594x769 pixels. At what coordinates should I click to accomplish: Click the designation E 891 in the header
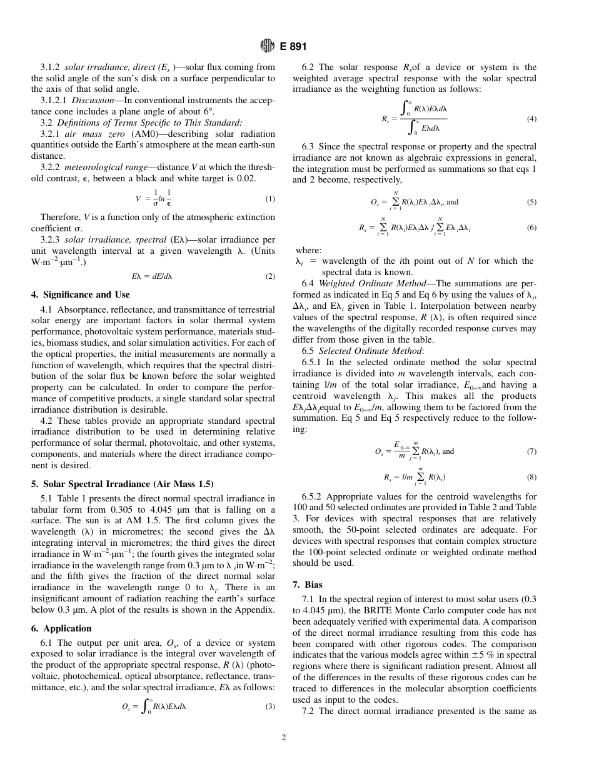pyautogui.click(x=289, y=45)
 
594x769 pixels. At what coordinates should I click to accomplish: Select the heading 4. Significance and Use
pyautogui.click(x=81, y=294)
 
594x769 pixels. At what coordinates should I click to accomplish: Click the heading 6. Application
pyautogui.click(x=61, y=628)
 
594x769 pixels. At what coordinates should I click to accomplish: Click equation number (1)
pyautogui.click(x=269, y=199)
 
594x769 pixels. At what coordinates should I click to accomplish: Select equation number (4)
pyautogui.click(x=531, y=119)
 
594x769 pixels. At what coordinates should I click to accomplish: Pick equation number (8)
pyautogui.click(x=531, y=477)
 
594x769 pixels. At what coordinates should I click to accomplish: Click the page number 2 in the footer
pyautogui.click(x=283, y=738)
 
